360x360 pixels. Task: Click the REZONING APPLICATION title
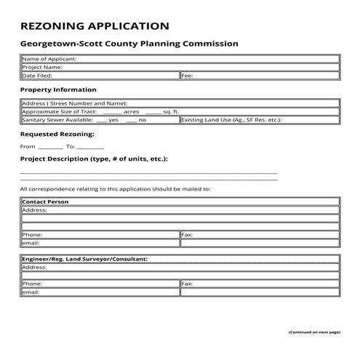click(x=95, y=27)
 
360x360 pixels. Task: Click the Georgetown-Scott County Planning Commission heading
click(x=129, y=44)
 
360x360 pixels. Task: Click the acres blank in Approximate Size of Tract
click(x=112, y=112)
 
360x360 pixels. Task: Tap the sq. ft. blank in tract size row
click(x=153, y=112)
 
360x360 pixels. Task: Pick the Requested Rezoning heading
click(x=57, y=135)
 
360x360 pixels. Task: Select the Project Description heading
click(x=94, y=159)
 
